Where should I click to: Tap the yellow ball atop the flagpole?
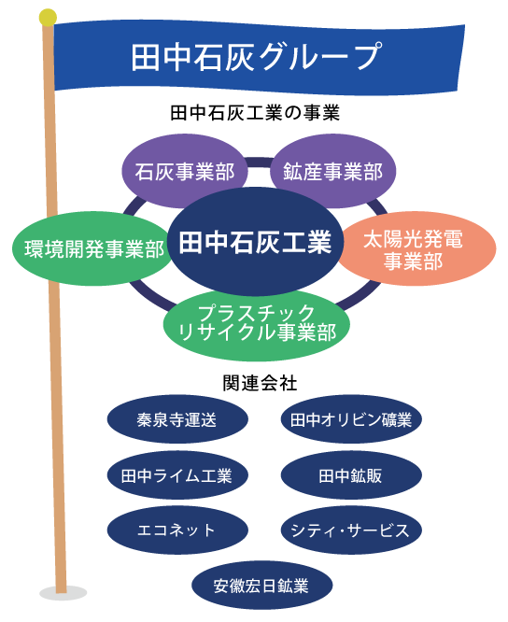[48, 18]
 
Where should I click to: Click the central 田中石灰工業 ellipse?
[254, 243]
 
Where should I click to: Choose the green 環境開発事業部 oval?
[89, 249]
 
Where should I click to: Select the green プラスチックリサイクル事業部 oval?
[257, 322]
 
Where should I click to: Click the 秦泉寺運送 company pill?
[176, 420]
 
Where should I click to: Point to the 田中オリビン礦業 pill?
[350, 420]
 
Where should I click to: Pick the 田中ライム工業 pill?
[176, 475]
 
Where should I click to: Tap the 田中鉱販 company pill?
[350, 475]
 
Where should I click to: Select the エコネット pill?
[176, 530]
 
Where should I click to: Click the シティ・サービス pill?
[350, 530]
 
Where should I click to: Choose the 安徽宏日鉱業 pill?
[261, 586]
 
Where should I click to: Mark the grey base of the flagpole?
[63, 593]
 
